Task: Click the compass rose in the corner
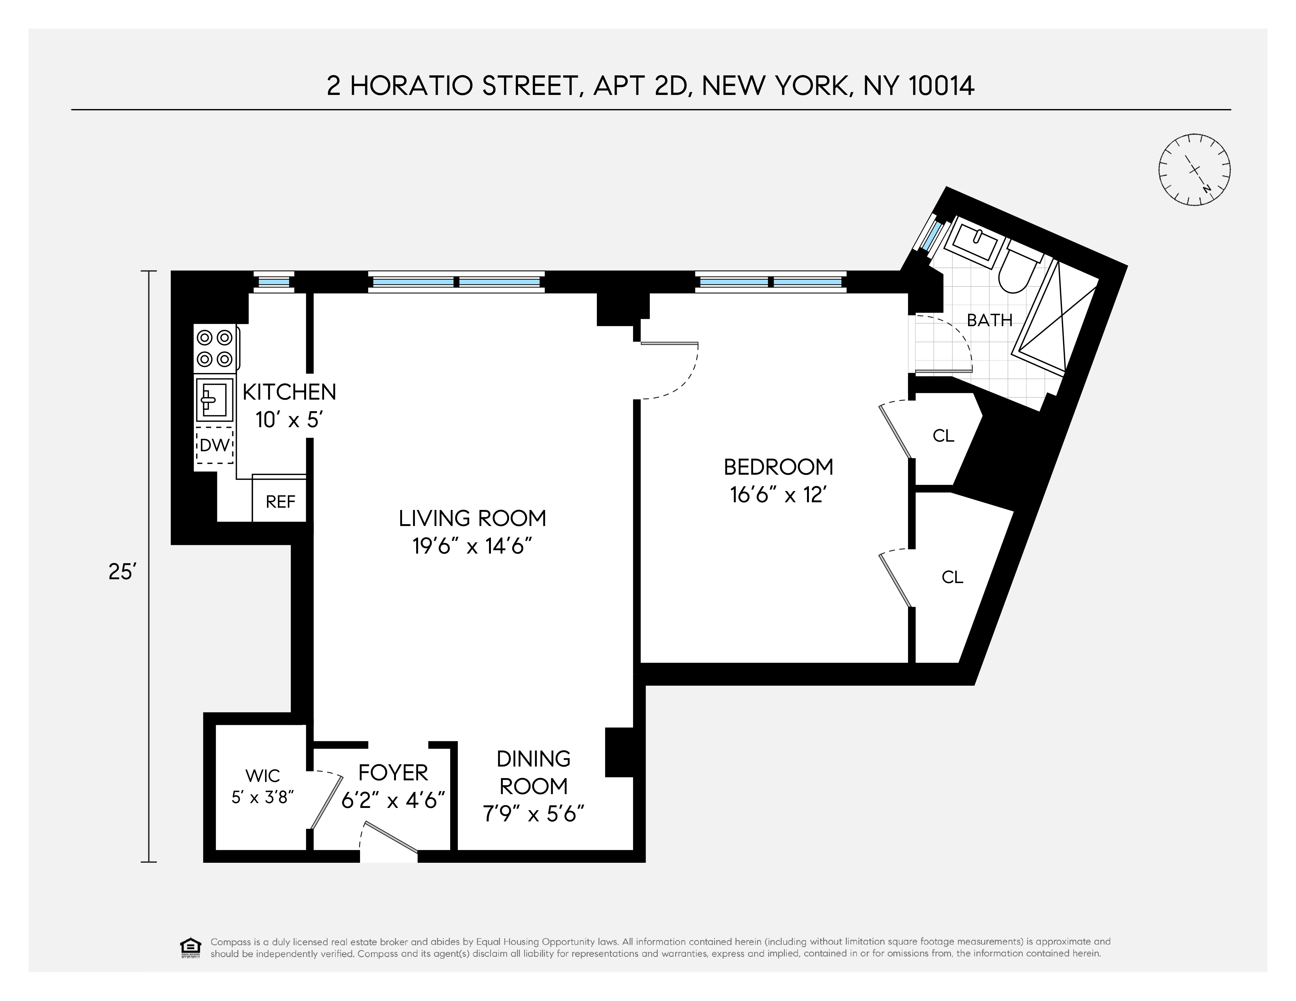pos(1194,170)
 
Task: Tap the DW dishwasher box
pos(215,445)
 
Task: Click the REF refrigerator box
pos(280,502)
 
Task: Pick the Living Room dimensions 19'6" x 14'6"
pos(472,546)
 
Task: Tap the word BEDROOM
pos(778,467)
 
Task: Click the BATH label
pos(989,320)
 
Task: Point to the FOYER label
pos(393,773)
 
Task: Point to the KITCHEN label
pos(289,392)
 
